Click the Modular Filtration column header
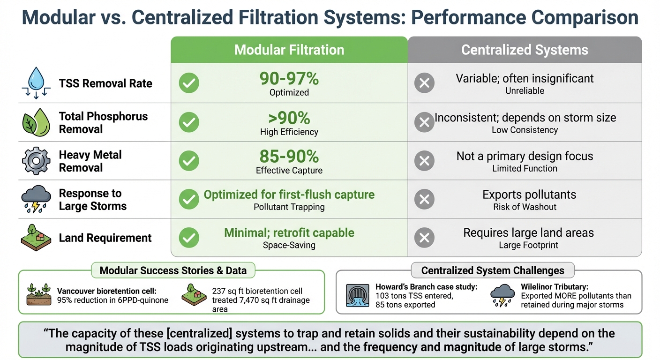(289, 50)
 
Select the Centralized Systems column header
(525, 50)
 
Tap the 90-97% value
(289, 79)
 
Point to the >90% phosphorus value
(289, 118)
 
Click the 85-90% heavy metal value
(289, 156)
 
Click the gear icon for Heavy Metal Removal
(36, 161)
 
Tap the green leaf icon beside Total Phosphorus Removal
(36, 122)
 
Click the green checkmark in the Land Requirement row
(189, 238)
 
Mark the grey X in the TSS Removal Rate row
(424, 84)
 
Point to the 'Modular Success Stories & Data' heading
(173, 270)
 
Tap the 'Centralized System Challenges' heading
(492, 270)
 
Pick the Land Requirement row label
(105, 238)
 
